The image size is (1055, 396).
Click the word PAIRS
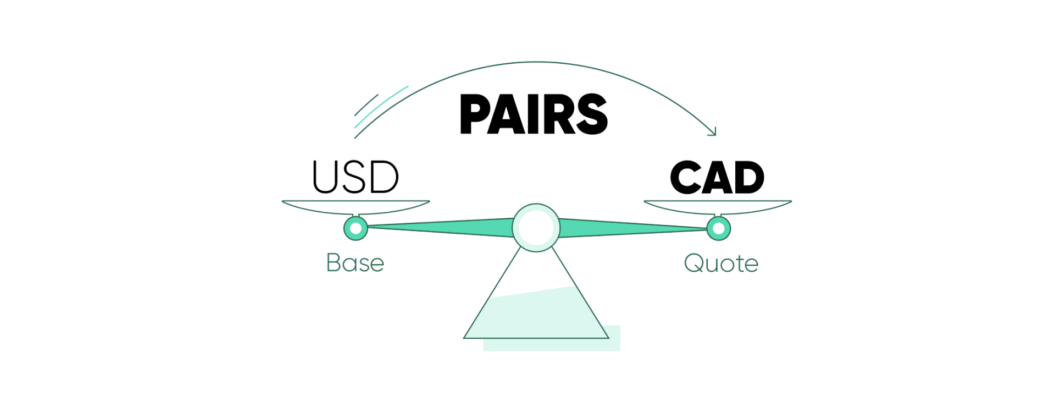coord(534,114)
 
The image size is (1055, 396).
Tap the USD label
coord(356,177)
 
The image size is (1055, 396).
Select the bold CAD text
coord(717,178)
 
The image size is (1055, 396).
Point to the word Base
coord(355,262)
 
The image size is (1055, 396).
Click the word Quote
coord(721,263)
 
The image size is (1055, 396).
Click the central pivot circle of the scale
coord(536,228)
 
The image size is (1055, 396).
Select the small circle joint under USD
coord(356,228)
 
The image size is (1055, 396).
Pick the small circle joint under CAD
coord(718,228)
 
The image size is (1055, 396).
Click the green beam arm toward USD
coord(440,228)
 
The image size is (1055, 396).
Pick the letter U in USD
coord(324,178)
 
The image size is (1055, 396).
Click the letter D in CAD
coord(748,178)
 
